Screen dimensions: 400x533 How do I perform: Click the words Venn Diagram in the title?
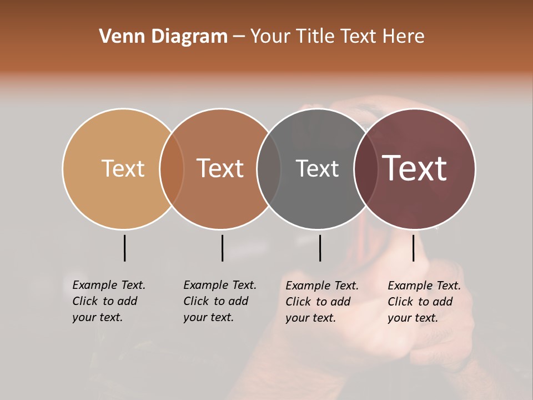(163, 37)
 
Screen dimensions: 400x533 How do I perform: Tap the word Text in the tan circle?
(123, 168)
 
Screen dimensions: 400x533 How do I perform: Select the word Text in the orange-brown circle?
(220, 168)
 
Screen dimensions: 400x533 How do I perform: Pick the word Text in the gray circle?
(317, 168)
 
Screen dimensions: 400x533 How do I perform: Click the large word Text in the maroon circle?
(415, 168)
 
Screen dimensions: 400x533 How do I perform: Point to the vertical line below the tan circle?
(124, 248)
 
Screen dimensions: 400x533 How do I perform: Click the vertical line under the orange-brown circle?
(222, 248)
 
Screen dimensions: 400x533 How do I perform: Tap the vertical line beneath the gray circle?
(320, 248)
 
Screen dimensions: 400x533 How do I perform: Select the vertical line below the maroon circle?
(413, 248)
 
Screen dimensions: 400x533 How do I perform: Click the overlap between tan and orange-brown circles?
(172, 168)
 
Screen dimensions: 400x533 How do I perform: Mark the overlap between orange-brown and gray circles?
(269, 168)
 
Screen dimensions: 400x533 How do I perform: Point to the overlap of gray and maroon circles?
(366, 168)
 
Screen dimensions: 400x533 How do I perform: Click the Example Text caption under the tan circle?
(109, 285)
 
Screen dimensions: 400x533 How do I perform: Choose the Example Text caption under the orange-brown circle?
(220, 285)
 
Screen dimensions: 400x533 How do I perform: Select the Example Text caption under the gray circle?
(322, 286)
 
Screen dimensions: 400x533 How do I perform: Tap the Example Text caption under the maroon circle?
(424, 286)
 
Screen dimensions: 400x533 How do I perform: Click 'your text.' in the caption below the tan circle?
(97, 317)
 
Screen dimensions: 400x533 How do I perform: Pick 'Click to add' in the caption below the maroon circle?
(420, 302)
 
